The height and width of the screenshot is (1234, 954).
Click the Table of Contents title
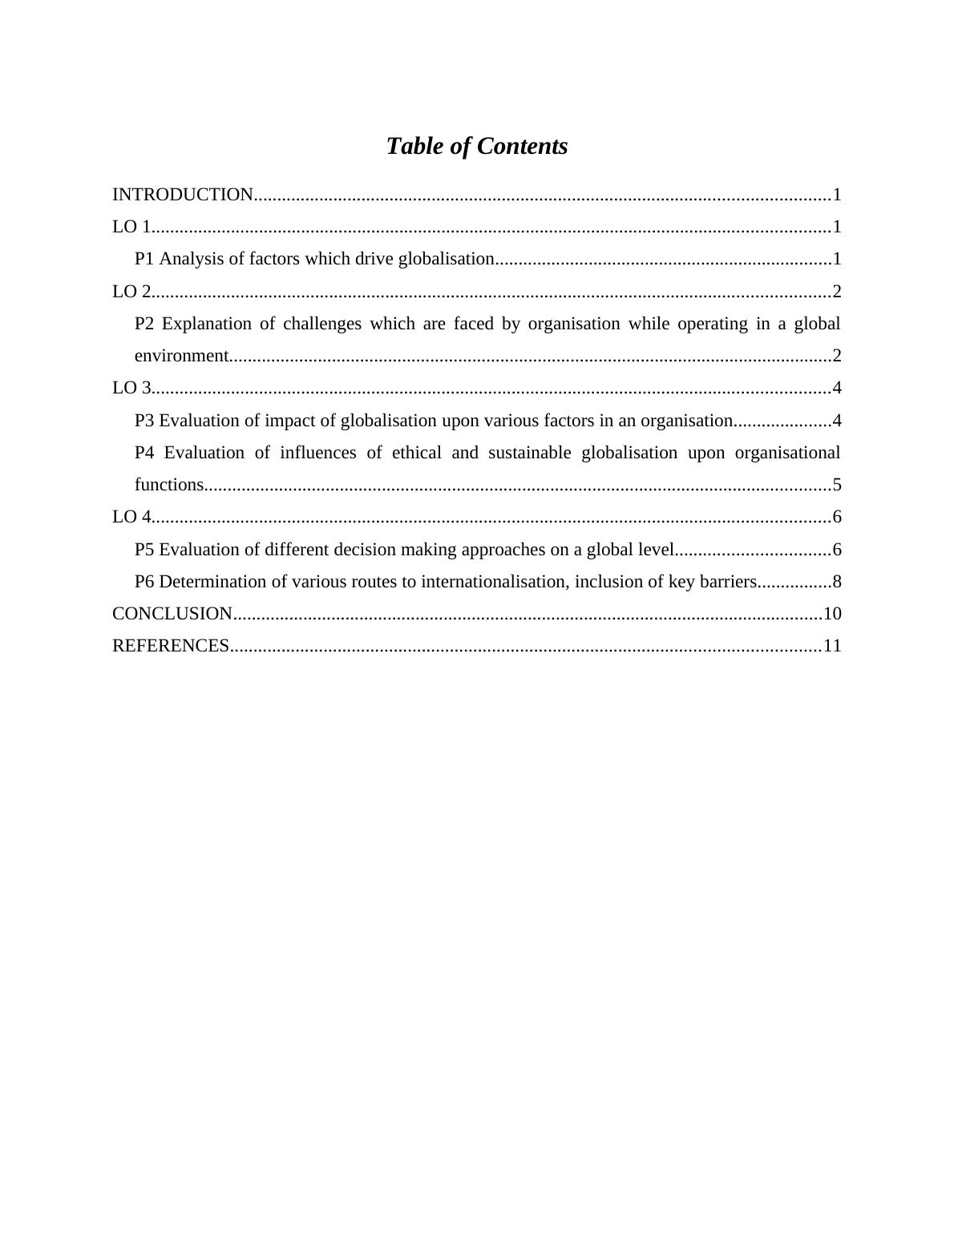[x=476, y=146]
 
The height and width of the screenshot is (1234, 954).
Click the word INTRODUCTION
[x=183, y=195]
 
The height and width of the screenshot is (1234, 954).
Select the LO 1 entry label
[x=131, y=227]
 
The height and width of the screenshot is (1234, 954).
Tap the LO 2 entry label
[x=131, y=292]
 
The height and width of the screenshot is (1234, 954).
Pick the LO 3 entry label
[x=131, y=389]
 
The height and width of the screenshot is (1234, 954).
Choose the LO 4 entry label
[x=131, y=517]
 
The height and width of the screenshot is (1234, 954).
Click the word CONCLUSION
[x=172, y=614]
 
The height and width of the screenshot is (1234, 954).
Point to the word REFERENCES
[x=171, y=646]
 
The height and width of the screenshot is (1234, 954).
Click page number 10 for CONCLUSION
[x=832, y=614]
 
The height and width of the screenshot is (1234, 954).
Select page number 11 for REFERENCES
[x=832, y=646]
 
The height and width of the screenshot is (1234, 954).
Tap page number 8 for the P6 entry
[x=836, y=582]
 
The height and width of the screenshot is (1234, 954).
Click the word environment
[x=181, y=356]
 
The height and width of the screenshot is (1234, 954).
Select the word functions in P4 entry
[x=169, y=485]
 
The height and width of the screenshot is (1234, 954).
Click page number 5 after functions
[x=836, y=485]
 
